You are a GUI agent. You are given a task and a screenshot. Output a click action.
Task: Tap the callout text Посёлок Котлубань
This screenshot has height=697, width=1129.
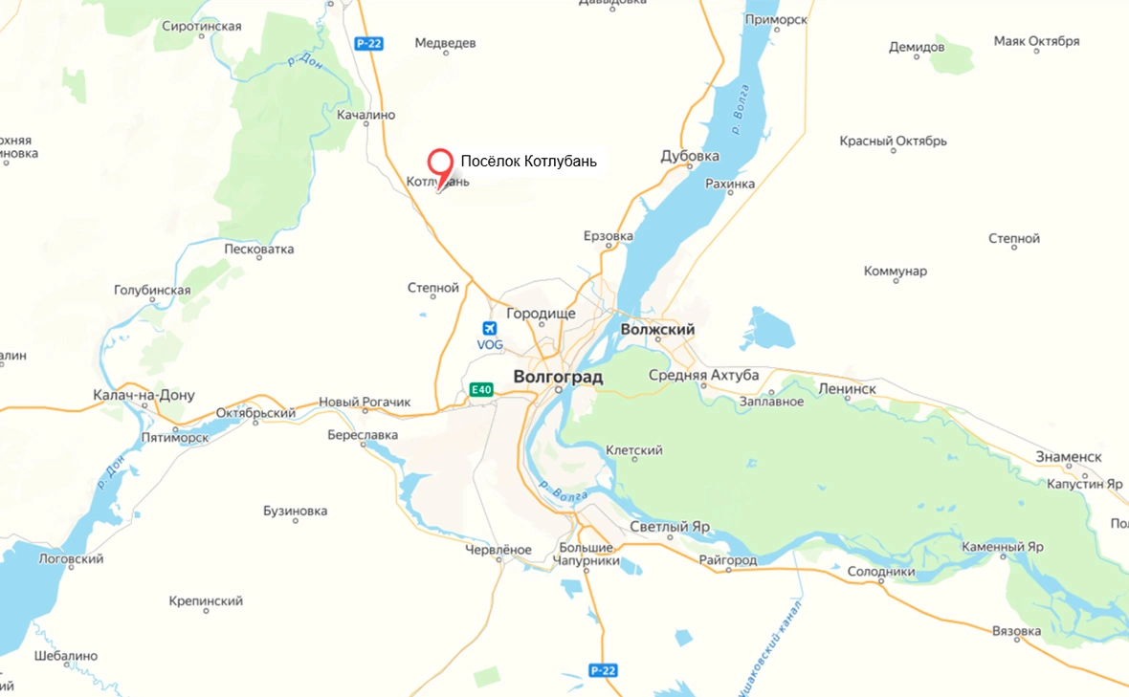click(528, 162)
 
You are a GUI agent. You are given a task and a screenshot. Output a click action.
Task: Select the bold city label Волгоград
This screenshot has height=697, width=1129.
click(558, 377)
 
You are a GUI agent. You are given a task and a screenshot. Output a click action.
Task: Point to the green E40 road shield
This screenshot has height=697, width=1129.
click(481, 389)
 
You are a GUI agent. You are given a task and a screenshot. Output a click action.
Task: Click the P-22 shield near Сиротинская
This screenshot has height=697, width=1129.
click(367, 43)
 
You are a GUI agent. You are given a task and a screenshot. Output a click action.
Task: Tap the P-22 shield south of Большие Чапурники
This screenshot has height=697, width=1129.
click(602, 670)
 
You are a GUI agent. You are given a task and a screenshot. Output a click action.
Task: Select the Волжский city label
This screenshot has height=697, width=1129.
click(657, 330)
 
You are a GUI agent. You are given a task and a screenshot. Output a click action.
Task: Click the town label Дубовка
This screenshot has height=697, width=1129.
click(690, 157)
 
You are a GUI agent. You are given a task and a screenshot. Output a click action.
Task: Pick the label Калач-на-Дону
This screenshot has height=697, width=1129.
click(144, 395)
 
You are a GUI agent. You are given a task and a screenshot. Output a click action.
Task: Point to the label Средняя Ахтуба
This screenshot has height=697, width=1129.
click(703, 375)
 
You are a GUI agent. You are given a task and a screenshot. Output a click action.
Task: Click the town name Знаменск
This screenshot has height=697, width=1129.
click(1069, 457)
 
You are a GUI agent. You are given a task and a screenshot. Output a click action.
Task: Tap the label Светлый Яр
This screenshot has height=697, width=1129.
click(670, 527)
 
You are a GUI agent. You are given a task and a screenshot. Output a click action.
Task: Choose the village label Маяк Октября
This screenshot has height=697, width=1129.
click(1036, 41)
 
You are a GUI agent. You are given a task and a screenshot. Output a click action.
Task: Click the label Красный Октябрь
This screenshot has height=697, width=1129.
click(893, 142)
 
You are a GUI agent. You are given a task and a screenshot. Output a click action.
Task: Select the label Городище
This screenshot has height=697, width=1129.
click(541, 314)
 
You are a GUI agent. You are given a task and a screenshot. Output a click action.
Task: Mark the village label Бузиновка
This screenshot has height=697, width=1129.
click(296, 511)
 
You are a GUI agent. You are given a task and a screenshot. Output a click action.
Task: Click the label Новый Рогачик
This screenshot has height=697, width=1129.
click(364, 403)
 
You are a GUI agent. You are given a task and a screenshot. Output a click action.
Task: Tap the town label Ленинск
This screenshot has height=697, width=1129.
click(847, 389)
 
